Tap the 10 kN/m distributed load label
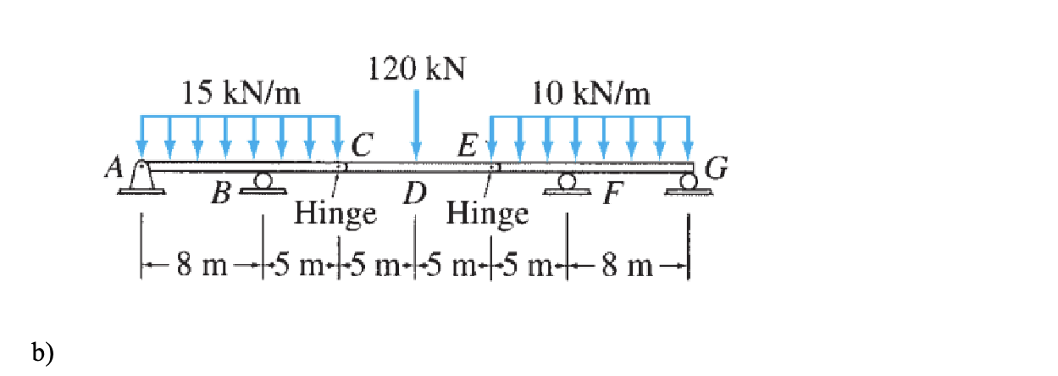(592, 93)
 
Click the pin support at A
(142, 179)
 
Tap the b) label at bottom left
(42, 351)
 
